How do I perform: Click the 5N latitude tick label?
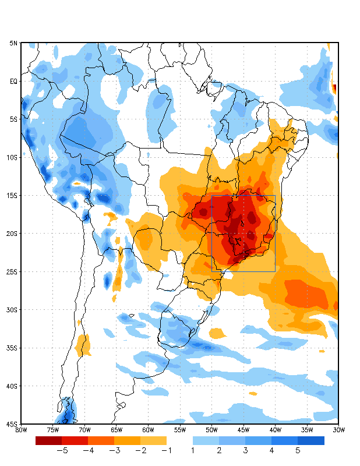point(13,43)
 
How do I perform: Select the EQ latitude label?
point(13,82)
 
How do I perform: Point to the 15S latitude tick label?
point(12,196)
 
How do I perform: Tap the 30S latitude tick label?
point(12,310)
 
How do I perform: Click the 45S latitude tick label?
point(12,424)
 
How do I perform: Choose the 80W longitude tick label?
point(21,430)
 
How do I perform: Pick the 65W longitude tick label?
point(116,430)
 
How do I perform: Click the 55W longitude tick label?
point(179,430)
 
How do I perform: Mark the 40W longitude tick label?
point(275,430)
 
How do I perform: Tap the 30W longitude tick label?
point(338,430)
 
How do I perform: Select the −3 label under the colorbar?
point(114,450)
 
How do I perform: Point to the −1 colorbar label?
point(167,450)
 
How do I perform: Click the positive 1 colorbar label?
point(193,450)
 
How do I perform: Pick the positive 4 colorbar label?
point(271,450)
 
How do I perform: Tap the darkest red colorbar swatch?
point(48,440)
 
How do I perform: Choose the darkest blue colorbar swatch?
point(311,440)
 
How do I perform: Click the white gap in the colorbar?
point(179,440)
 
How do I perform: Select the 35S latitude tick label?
point(12,348)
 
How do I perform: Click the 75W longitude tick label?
point(52,430)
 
